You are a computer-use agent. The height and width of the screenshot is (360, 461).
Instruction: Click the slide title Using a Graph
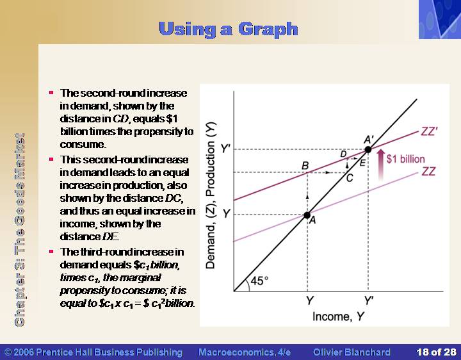229,29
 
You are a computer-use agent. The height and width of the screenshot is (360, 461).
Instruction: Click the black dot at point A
307,215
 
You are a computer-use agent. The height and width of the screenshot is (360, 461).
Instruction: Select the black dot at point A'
368,149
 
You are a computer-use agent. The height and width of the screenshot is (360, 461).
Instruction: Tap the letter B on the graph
305,166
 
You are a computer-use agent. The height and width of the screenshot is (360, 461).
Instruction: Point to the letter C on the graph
350,178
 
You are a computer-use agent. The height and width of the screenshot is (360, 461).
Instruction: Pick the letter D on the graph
343,154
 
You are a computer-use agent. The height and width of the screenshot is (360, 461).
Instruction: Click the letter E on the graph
362,163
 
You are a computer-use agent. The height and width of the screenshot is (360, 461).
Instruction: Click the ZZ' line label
429,131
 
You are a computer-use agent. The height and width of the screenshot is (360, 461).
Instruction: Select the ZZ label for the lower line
428,171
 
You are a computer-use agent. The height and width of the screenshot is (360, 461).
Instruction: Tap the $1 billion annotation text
405,159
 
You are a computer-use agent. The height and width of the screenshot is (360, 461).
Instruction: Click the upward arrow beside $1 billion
381,164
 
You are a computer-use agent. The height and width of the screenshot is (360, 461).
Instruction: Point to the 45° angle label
259,281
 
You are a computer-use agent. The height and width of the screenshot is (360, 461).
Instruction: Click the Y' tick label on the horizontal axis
368,301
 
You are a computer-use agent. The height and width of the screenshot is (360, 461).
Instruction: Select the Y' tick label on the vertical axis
225,149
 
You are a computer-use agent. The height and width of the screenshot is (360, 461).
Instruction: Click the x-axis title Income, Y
338,316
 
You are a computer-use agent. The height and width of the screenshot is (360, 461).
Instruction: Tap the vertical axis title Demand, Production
211,195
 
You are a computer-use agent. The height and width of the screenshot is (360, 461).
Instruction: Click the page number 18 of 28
436,352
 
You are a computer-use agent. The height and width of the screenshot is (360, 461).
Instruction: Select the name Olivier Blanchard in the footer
352,352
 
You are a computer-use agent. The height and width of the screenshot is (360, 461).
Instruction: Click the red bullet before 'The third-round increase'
51,252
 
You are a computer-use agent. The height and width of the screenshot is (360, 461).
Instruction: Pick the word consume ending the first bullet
83,144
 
